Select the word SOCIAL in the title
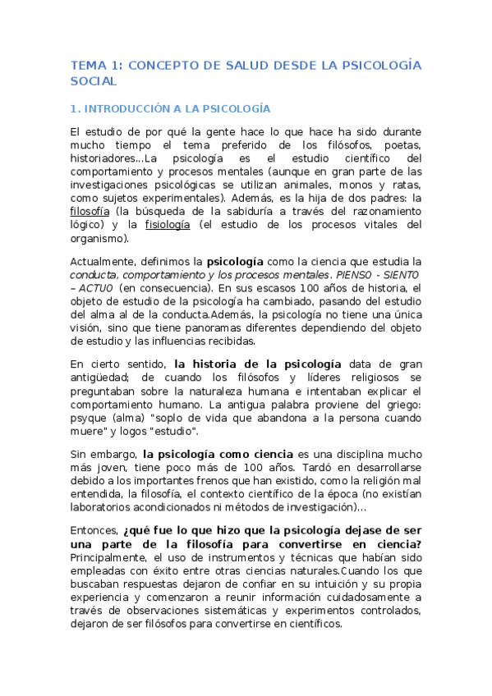(x=94, y=81)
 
